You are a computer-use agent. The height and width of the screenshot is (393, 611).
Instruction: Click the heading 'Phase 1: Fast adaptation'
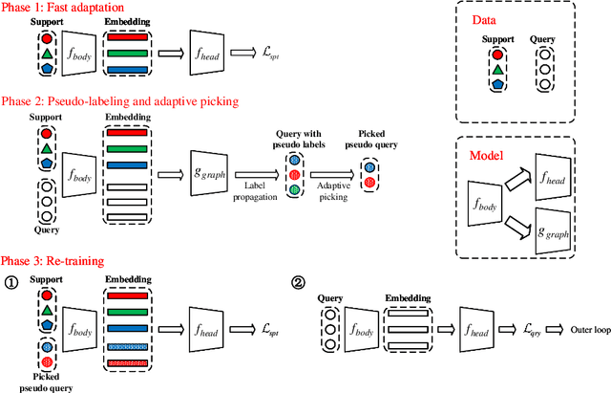[61, 8]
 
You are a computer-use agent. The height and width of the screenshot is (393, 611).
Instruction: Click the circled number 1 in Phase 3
[12, 282]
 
